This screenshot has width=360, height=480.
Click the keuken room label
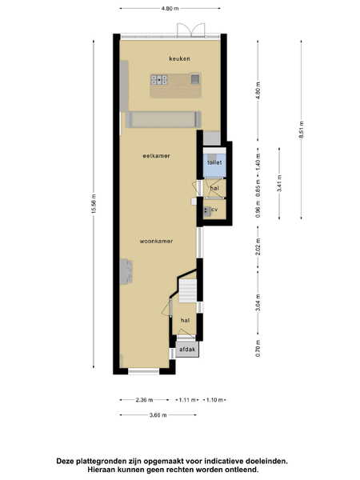(180, 58)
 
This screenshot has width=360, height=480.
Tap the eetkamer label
(156, 156)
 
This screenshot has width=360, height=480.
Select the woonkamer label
(156, 242)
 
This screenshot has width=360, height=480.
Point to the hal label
(186, 320)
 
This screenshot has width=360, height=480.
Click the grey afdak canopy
(187, 350)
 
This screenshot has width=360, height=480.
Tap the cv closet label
(214, 210)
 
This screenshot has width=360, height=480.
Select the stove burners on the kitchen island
(159, 79)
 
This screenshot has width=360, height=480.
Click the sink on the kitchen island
(195, 79)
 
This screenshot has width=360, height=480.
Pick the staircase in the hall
(187, 290)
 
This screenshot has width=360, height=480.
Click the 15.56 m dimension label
(94, 204)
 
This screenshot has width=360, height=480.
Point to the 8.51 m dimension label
(302, 130)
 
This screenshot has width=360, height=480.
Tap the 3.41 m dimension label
(279, 183)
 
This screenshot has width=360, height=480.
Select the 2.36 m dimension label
(144, 400)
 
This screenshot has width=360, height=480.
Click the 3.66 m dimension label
(158, 415)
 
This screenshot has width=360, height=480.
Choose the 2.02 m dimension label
(258, 246)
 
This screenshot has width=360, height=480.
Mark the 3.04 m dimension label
(258, 302)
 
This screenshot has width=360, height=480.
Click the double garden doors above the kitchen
(190, 30)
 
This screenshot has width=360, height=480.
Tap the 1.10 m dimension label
(214, 400)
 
